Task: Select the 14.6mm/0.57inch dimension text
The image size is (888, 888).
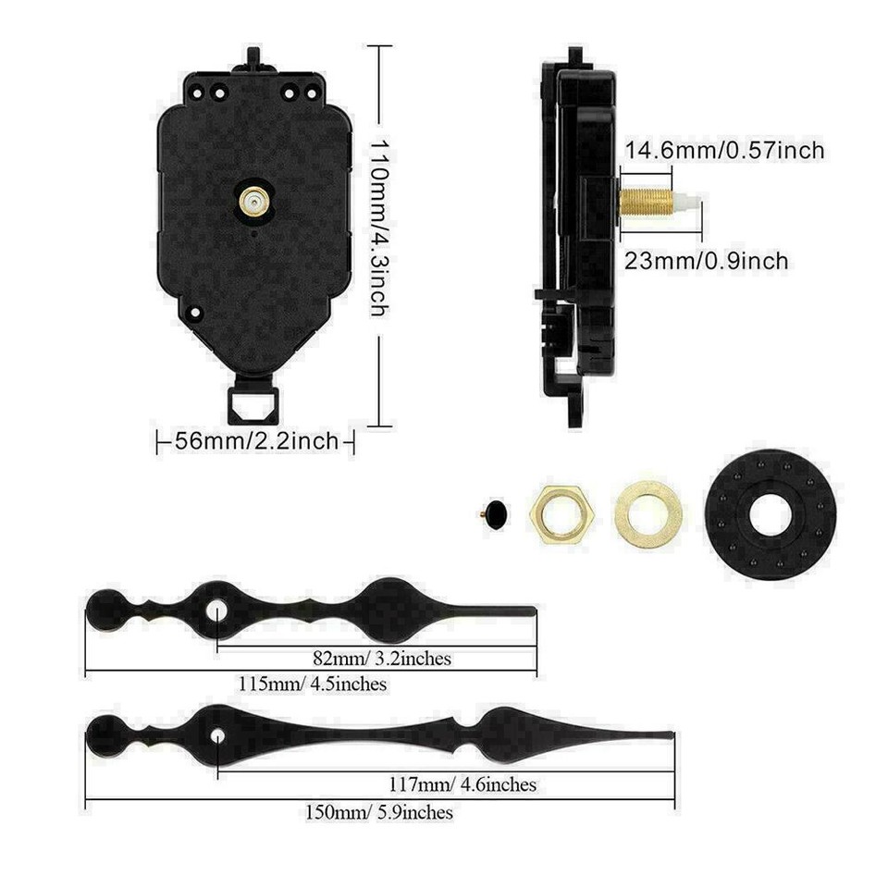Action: click(724, 150)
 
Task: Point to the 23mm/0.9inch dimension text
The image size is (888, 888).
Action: click(706, 261)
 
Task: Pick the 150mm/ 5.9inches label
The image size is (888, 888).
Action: click(379, 812)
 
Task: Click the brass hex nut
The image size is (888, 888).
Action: click(561, 513)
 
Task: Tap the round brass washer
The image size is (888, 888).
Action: click(648, 513)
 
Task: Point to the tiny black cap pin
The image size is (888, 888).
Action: click(496, 513)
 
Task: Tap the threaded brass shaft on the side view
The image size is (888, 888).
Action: click(646, 202)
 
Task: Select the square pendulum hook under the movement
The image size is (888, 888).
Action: click(253, 403)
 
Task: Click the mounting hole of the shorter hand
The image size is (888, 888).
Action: click(217, 610)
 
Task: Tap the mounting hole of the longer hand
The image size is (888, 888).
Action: click(218, 737)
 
